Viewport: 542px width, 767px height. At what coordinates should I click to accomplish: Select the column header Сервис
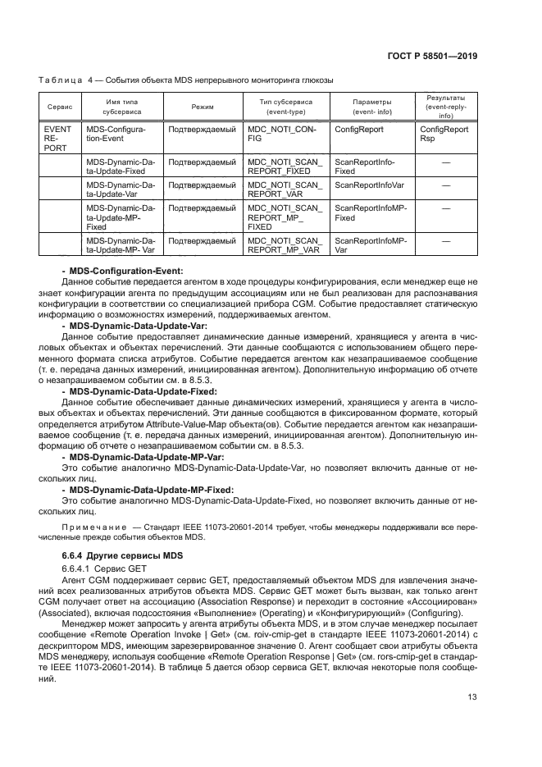click(x=60, y=107)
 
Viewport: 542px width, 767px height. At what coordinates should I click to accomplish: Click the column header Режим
click(x=202, y=107)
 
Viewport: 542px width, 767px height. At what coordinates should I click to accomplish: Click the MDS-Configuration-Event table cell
click(x=116, y=134)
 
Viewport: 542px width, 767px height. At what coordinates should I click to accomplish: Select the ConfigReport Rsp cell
click(x=444, y=134)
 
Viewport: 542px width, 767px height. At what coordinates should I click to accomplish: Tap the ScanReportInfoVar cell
click(x=370, y=185)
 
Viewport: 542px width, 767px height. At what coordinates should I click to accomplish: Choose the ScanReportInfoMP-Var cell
click(x=370, y=244)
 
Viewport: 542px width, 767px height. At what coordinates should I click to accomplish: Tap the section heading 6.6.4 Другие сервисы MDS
click(x=123, y=556)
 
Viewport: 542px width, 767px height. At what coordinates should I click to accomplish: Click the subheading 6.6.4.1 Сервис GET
click(x=101, y=568)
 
